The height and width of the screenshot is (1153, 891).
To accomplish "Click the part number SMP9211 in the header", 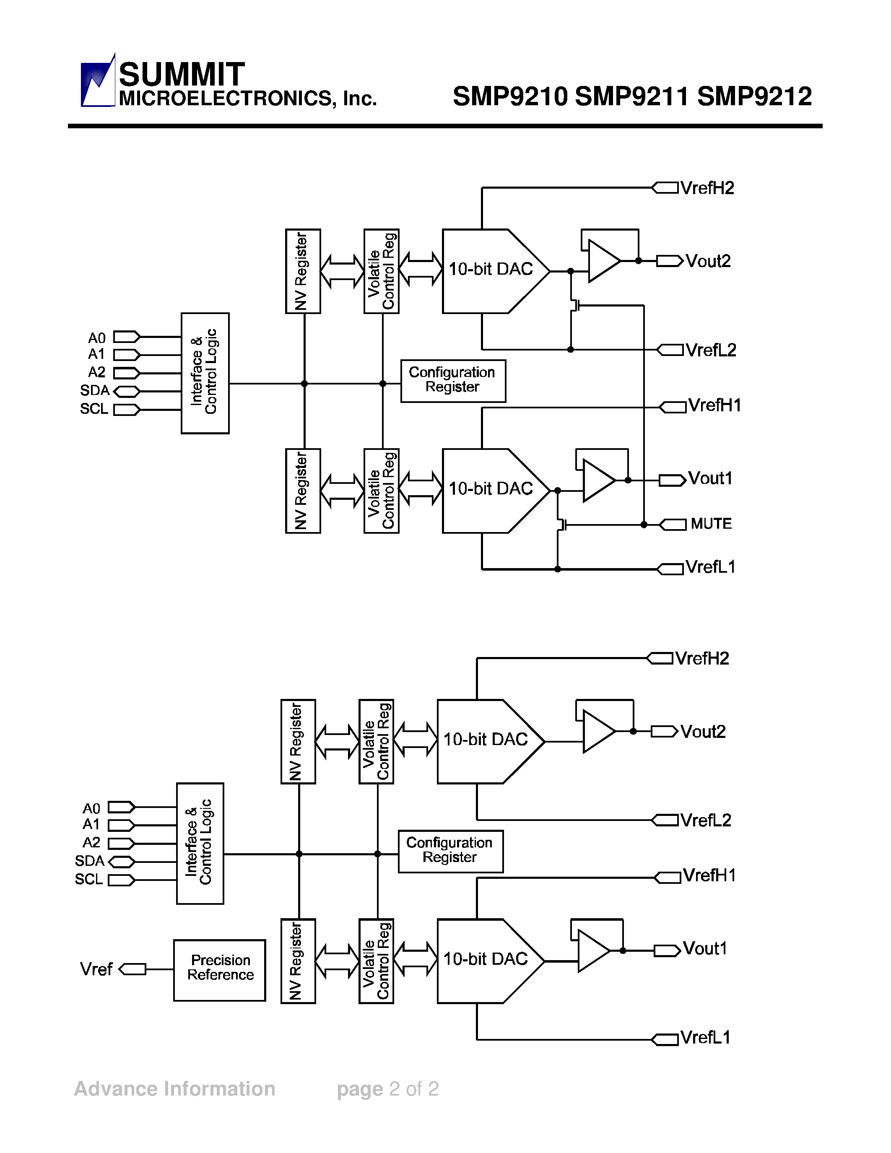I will [632, 96].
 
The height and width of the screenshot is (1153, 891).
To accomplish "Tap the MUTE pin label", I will [711, 524].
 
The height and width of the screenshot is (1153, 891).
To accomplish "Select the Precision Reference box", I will [220, 970].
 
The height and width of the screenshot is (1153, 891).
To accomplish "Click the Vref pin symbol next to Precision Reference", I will [132, 969].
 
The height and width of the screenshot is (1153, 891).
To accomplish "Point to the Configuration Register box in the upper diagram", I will [453, 381].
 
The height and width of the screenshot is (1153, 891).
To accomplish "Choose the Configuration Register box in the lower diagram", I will [450, 851].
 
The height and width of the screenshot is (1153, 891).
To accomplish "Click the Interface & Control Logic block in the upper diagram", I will [205, 373].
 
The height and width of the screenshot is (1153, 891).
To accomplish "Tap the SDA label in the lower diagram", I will [89, 861].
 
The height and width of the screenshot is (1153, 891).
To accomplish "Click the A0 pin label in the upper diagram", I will [96, 338].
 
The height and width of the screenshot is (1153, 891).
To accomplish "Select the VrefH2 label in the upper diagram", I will [707, 188].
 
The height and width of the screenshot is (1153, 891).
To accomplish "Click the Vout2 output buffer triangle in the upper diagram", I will [603, 261].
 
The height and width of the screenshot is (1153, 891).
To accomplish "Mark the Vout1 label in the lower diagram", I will [705, 949].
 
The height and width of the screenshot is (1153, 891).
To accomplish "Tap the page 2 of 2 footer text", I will [388, 1088].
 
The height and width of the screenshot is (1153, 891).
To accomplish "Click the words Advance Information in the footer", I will [175, 1088].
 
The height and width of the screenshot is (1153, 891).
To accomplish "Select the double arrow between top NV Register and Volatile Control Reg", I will [342, 271].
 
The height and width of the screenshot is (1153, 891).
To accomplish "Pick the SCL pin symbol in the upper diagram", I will [127, 410].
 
